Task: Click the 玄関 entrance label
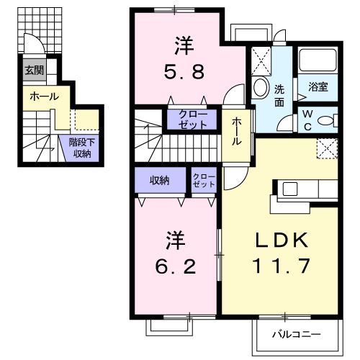click(33, 71)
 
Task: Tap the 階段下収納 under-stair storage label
click(80, 148)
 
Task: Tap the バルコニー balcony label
click(296, 334)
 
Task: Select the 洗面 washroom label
click(279, 96)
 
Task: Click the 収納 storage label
click(159, 180)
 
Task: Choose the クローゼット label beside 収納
click(204, 180)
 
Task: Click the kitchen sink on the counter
click(289, 189)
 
